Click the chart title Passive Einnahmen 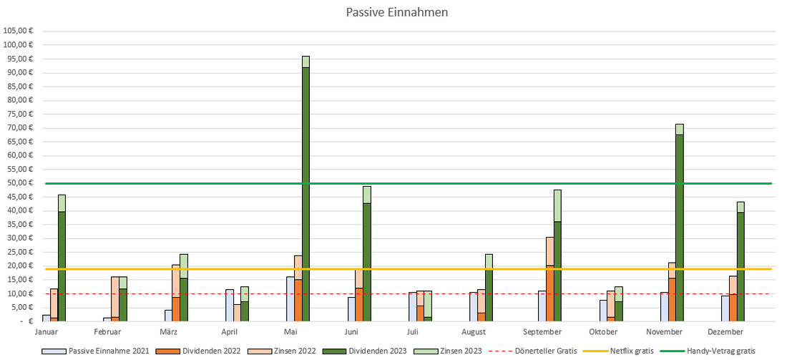397,12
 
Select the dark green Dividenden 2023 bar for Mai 305,193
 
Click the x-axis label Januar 46,332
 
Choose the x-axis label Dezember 726,332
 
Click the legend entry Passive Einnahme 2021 108,351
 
